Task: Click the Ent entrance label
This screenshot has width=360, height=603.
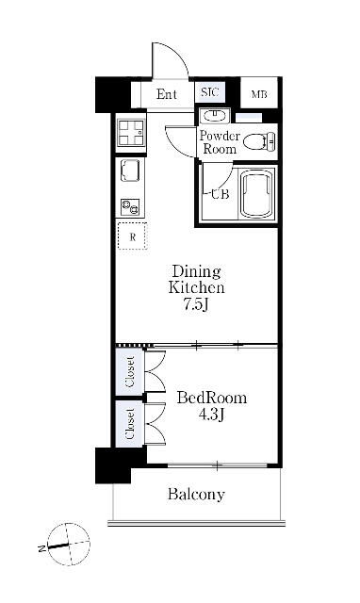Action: [166, 94]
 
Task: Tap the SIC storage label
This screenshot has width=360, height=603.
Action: [210, 92]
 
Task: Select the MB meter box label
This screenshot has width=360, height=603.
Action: [259, 94]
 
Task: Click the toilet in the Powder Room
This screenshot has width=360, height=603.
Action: [260, 141]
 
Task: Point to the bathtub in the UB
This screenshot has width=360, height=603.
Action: [256, 193]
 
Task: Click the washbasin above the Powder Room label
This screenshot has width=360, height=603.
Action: [215, 115]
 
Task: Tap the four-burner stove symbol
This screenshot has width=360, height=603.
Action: [130, 132]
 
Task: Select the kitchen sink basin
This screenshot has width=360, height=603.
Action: [130, 170]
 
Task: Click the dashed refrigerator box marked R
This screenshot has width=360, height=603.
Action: [132, 236]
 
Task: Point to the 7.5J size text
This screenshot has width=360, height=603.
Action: [196, 304]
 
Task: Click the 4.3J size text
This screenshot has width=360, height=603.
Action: [211, 415]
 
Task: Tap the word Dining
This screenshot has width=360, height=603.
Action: [196, 272]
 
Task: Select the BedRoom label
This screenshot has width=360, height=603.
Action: [212, 398]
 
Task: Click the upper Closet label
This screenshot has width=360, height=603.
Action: [130, 372]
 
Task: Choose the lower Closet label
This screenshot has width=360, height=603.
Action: [130, 424]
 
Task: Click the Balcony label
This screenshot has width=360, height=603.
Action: [196, 494]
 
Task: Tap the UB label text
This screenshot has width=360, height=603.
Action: [220, 195]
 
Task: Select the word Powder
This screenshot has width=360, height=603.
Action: [220, 136]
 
